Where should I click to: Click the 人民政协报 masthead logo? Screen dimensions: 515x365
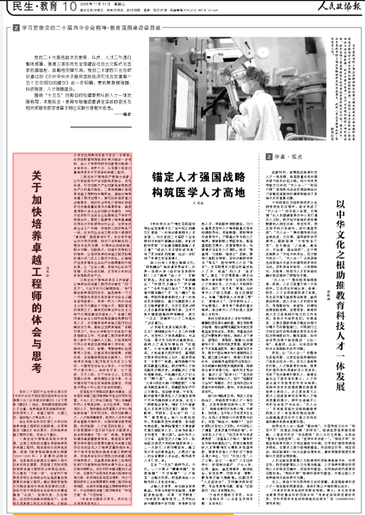tap(332, 7)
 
